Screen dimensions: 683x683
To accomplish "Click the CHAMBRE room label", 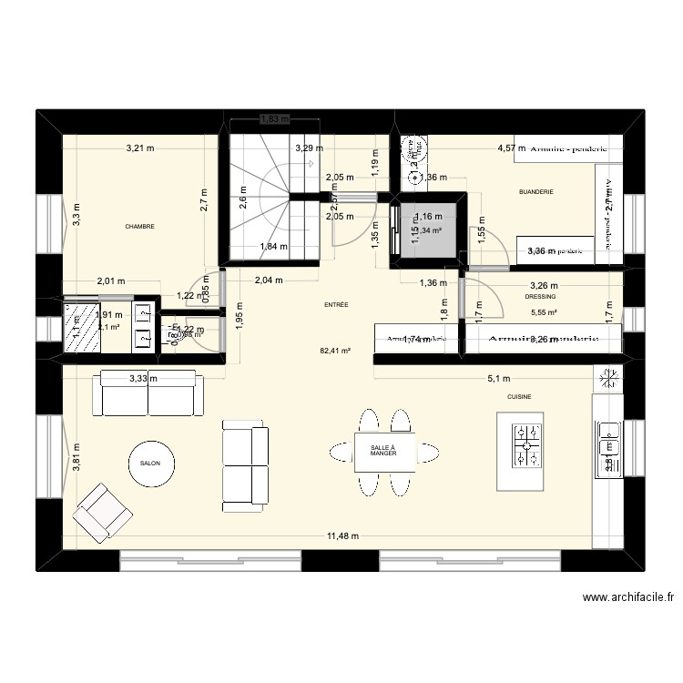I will coord(139,227).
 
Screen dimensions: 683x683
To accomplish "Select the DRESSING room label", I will coord(541,296).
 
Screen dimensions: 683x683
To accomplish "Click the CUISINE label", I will coord(520,397).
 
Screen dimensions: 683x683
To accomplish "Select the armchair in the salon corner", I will coord(103,512).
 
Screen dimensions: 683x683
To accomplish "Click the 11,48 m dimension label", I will coord(345,536).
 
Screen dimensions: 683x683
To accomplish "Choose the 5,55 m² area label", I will coord(544,312).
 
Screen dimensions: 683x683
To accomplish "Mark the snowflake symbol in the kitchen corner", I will coord(608,378).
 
